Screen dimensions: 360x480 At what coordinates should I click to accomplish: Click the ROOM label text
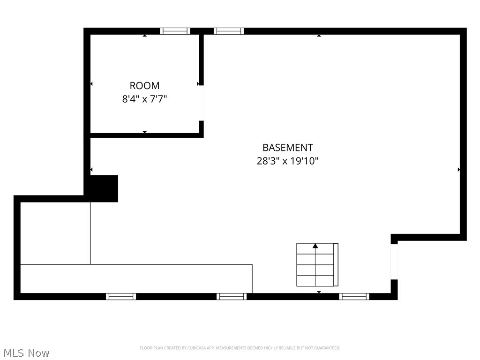[x=144, y=86]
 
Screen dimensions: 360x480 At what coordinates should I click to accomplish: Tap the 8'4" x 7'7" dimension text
[x=144, y=99]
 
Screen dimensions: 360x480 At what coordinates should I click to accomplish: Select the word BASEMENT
[x=287, y=148]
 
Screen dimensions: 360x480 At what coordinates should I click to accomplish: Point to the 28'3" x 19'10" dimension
[x=287, y=161]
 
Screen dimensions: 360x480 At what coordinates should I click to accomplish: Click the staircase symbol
[x=317, y=265]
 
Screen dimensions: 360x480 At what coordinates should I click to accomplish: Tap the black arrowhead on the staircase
[x=315, y=246]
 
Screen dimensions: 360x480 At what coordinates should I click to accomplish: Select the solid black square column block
[x=104, y=188]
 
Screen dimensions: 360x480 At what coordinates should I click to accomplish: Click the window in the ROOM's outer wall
[x=175, y=31]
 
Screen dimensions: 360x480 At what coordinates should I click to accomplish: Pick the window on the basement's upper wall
[x=229, y=31]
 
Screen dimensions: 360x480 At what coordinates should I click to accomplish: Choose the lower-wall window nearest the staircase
[x=354, y=296]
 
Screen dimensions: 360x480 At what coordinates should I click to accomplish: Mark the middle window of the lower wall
[x=232, y=296]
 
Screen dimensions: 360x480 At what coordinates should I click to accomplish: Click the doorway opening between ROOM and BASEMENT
[x=201, y=103]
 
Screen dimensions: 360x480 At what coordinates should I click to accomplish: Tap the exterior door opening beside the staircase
[x=394, y=262]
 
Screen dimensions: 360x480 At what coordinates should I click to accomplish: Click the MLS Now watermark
[x=26, y=352]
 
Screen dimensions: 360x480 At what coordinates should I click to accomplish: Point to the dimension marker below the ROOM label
[x=144, y=132]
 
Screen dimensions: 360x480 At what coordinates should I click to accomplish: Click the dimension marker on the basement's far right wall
[x=458, y=169]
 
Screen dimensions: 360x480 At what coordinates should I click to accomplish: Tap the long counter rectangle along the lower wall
[x=136, y=278]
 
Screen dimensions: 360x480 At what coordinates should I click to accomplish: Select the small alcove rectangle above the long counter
[x=55, y=233]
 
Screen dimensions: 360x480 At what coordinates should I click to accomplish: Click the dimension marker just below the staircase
[x=319, y=292]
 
